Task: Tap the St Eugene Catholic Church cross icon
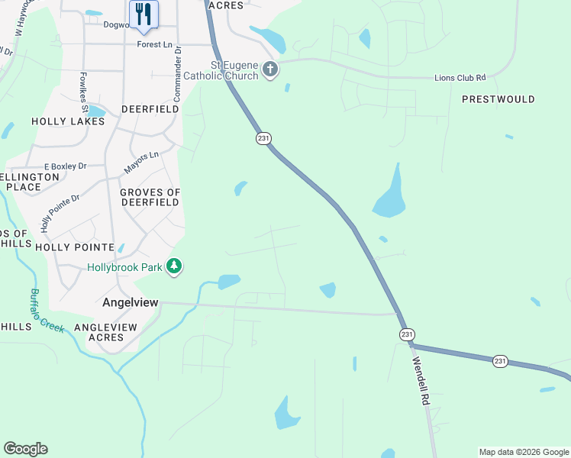[269, 70]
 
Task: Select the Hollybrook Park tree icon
[176, 266]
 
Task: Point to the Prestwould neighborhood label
[498, 99]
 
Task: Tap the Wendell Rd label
[421, 381]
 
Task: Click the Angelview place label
[131, 302]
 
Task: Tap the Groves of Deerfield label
[150, 197]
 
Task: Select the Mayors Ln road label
[141, 162]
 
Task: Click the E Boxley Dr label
[66, 166]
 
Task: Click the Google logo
[25, 449]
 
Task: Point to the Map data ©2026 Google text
[524, 452]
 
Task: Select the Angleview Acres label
[105, 332]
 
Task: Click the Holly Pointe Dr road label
[60, 213]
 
